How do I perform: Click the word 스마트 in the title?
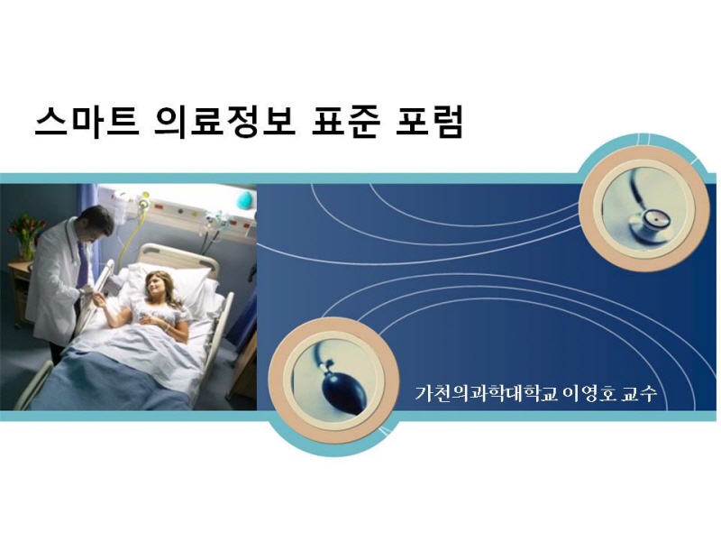(87, 122)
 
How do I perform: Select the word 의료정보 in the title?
(224, 122)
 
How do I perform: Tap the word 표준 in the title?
(346, 122)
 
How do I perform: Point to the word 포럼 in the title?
(429, 122)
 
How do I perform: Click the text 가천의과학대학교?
(486, 394)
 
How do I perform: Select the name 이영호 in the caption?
(589, 394)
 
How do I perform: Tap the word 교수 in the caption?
(639, 394)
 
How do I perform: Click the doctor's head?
(97, 223)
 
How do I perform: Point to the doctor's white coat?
(56, 285)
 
